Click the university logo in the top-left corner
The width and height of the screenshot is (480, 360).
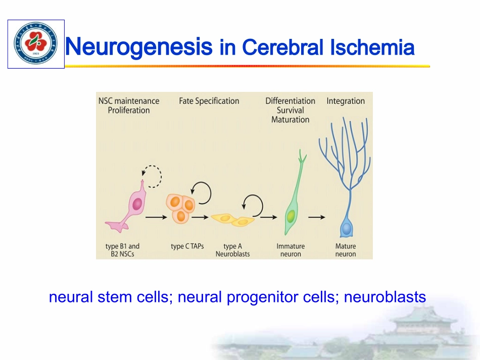35,44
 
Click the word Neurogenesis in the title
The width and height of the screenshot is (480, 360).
138,47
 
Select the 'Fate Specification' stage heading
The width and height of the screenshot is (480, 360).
209,101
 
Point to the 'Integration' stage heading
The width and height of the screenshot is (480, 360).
346,101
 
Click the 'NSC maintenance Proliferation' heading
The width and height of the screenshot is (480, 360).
129,106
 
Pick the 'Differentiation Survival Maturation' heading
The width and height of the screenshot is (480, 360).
290,110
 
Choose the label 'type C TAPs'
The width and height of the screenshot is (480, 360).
187,246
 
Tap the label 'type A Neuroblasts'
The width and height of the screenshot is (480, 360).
232,250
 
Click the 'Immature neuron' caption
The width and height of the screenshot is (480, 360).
291,250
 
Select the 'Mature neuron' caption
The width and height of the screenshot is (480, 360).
346,250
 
